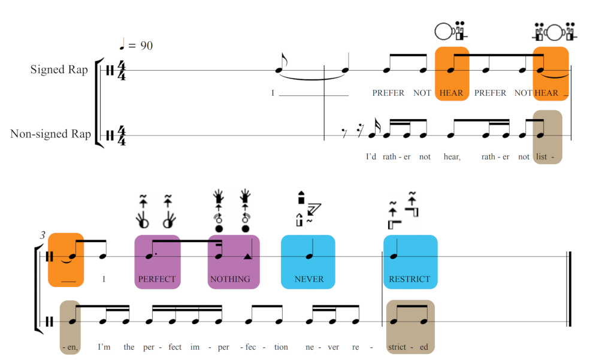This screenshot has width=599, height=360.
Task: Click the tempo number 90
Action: click(147, 46)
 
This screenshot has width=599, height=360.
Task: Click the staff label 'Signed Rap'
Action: click(59, 69)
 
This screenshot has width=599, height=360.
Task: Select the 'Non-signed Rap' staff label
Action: click(50, 134)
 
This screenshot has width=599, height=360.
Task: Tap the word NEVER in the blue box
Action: click(309, 279)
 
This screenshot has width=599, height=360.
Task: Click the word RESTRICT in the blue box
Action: click(410, 279)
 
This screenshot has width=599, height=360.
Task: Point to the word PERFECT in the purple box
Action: click(157, 279)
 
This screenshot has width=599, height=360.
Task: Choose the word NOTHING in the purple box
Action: click(230, 279)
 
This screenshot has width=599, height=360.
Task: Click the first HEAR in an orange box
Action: click(451, 93)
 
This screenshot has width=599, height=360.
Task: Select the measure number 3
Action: click(43, 235)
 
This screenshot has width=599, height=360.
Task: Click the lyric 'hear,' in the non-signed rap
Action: click(452, 157)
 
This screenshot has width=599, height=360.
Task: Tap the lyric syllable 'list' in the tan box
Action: click(541, 157)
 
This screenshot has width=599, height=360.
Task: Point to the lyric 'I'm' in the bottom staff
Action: click(104, 347)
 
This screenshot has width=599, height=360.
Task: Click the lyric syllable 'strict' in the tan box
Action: click(397, 347)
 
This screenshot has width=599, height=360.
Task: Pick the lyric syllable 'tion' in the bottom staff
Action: click(281, 347)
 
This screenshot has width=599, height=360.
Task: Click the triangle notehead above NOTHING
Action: click(247, 256)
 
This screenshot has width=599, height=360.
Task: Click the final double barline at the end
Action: click(569, 289)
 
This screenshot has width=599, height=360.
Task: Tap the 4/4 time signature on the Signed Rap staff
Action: click(122, 70)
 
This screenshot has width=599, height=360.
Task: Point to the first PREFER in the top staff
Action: click(388, 93)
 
